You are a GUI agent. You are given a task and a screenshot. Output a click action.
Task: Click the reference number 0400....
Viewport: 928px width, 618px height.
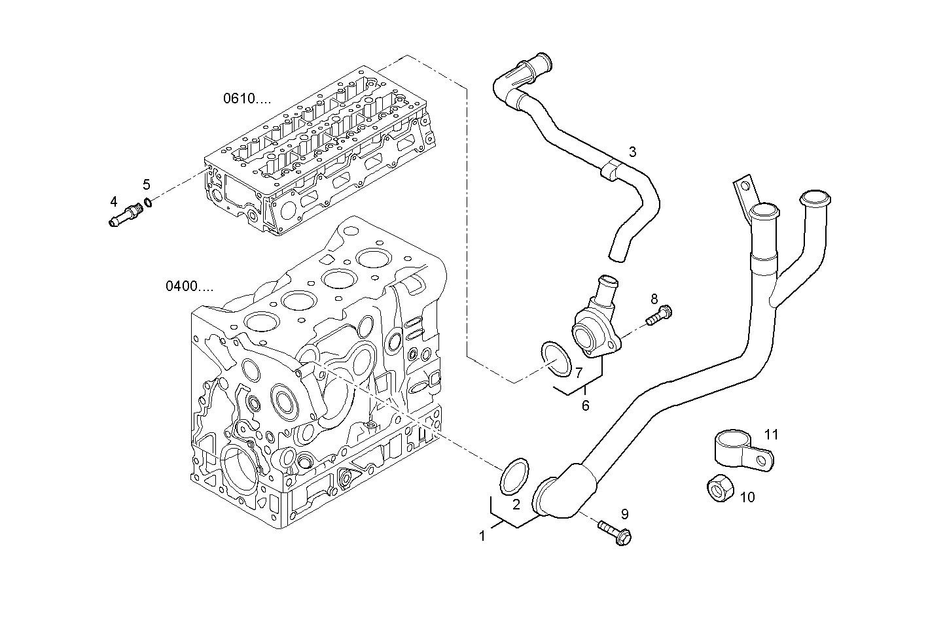pos(188,286)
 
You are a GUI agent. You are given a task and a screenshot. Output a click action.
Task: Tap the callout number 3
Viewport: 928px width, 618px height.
pos(632,152)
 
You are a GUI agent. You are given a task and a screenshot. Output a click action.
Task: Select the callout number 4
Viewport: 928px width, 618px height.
pos(114,201)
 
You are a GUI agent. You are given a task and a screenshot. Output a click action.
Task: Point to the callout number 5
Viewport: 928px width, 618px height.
pos(147,184)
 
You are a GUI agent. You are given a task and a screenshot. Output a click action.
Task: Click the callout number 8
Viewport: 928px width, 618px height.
pos(654,300)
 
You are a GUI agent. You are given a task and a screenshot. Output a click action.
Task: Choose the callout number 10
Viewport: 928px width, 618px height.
pos(747,497)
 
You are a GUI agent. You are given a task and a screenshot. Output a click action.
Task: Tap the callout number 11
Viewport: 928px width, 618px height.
pos(771,434)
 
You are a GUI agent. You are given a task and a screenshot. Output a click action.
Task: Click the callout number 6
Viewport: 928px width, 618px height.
pos(585,405)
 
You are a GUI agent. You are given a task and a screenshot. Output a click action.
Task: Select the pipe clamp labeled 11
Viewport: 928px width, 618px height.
pos(740,451)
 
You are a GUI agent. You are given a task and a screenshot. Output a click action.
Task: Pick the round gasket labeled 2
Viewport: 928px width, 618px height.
pos(514,476)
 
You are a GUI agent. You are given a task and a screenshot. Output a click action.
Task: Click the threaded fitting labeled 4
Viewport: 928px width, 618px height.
pos(126,215)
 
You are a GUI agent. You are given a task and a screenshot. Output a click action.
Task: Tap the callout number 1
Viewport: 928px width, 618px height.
pos(482,536)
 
